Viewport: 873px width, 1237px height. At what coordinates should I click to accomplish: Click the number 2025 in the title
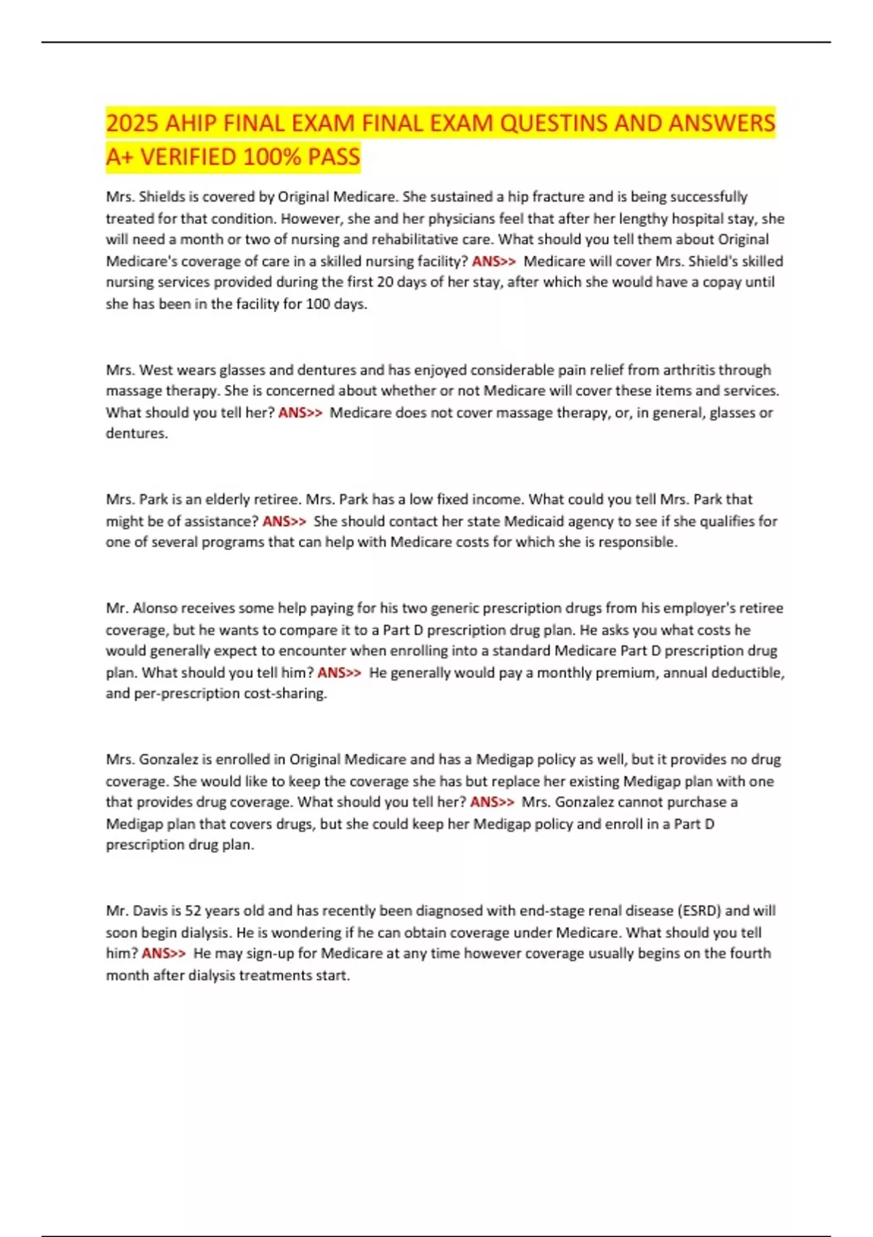(x=132, y=123)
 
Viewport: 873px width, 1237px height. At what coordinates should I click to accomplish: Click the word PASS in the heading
(x=333, y=157)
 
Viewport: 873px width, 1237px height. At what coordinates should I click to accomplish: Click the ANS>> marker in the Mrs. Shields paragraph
(x=494, y=261)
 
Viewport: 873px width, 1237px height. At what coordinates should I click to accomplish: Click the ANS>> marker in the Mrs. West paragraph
(x=300, y=413)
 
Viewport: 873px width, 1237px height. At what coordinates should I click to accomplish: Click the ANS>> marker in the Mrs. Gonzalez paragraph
(x=492, y=802)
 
